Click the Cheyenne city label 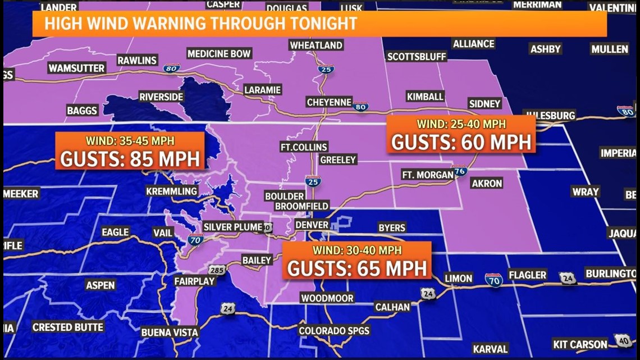click(329, 102)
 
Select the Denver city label click(312, 225)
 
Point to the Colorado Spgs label click(334, 331)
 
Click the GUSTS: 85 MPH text click(130, 159)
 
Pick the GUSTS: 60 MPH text click(461, 142)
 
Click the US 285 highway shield click(218, 270)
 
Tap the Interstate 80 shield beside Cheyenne click(361, 106)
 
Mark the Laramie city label click(263, 90)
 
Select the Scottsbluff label click(417, 57)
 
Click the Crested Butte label click(68, 327)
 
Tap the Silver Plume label click(232, 227)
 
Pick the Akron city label click(487, 183)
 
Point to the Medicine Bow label click(219, 54)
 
